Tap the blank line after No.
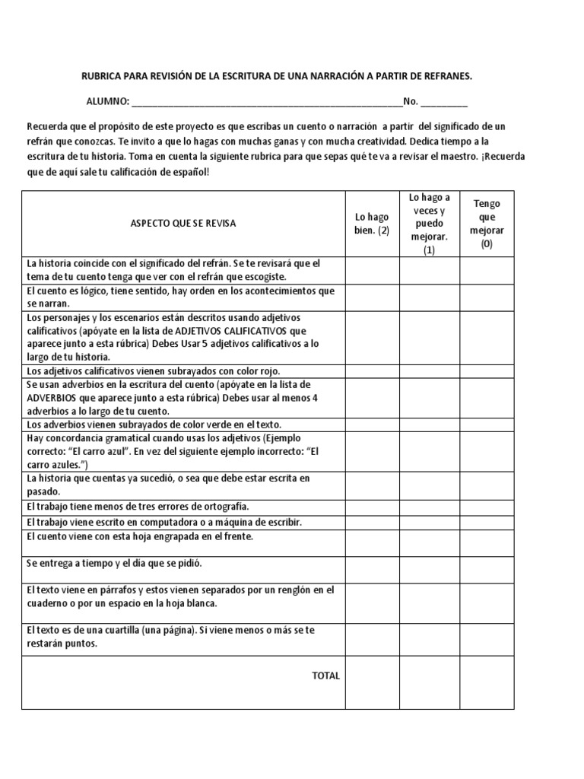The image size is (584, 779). coord(444,102)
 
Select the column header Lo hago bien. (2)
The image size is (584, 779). coord(372,224)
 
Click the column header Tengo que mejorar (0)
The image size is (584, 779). coord(487,224)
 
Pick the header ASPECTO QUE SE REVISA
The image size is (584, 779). coord(183,224)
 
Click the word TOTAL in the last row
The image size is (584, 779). coord(325,676)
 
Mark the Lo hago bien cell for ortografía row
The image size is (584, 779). coord(372,507)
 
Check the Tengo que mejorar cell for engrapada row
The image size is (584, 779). coord(487,542)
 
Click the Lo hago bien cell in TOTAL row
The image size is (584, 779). coord(372,682)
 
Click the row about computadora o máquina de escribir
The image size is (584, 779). coord(164,523)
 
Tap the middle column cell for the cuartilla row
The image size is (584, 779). coord(430,638)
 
